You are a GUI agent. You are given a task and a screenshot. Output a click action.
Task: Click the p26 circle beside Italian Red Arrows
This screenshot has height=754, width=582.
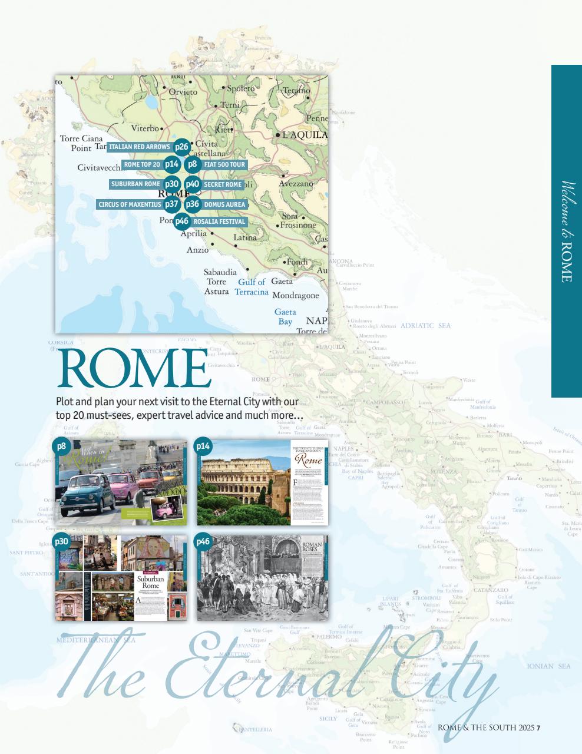point(181,147)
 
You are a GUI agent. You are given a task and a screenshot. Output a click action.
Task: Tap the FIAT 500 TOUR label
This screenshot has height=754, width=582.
point(224,164)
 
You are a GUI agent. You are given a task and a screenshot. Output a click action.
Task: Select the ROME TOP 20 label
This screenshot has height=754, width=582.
point(141,164)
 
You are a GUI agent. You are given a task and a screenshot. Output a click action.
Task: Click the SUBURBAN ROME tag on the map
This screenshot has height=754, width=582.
point(135,184)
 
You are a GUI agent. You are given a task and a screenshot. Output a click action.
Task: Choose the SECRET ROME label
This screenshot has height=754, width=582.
point(223,184)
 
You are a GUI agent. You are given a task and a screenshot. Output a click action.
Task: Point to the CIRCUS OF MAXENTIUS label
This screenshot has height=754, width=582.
point(130,204)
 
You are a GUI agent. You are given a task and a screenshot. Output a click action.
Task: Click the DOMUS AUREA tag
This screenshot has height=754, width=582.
point(224,204)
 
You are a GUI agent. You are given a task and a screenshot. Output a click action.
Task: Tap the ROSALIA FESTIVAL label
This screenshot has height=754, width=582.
point(219,221)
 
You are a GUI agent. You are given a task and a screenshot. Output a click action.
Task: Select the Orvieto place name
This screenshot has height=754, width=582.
point(183,92)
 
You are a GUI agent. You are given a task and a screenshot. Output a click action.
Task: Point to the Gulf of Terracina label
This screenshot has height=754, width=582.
point(252,287)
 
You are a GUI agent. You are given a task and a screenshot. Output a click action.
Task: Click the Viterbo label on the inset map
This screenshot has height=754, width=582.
point(145,128)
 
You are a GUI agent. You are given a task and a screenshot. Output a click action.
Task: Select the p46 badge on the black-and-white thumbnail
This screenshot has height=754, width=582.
point(203,541)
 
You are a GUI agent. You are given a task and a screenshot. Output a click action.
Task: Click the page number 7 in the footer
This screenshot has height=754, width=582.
point(538,727)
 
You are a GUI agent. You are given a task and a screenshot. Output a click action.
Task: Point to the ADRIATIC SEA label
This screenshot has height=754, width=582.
point(425,326)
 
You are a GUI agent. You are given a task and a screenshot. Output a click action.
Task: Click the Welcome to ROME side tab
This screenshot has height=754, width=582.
point(566,231)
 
